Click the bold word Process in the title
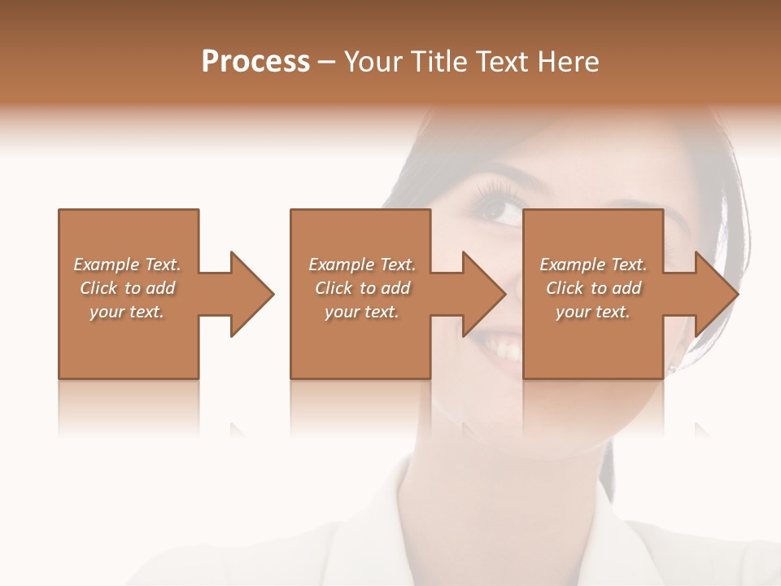pos(255,62)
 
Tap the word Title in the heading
pos(439,62)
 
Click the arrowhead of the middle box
pos(483,294)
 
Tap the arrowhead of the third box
pos(715,294)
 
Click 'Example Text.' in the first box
pos(127,265)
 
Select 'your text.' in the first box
pos(127,312)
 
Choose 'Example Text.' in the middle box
pos(362,265)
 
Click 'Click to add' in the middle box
pos(362,288)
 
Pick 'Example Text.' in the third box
pos(593,265)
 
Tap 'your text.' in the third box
pos(593,312)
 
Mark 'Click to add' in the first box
pos(127,288)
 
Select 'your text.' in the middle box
pos(362,312)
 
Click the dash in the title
pos(327,63)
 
